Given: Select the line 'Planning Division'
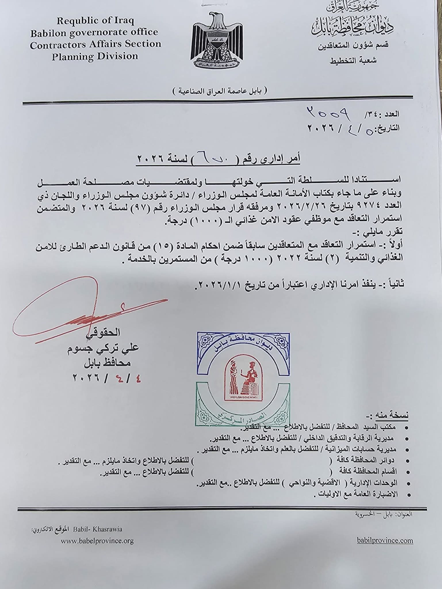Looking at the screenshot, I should [x=95, y=56].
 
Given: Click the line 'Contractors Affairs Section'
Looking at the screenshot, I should [x=95, y=44].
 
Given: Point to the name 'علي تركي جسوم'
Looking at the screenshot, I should [x=103, y=348].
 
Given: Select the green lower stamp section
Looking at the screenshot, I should [x=243, y=414].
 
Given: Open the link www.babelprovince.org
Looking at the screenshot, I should [x=97, y=541].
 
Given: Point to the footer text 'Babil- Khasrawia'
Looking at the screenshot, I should [x=98, y=529].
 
